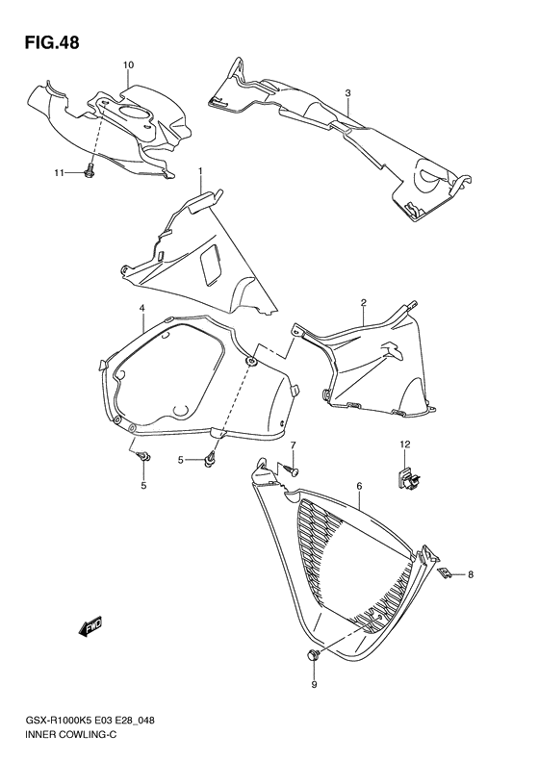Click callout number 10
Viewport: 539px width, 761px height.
[127, 64]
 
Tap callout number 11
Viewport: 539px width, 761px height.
[59, 172]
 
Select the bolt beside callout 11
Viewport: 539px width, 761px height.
[89, 171]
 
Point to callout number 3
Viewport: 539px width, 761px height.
[347, 93]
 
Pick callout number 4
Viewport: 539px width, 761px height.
[141, 308]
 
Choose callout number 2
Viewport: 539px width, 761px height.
[363, 303]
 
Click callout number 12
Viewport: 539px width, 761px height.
[405, 444]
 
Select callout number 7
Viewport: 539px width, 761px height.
[295, 445]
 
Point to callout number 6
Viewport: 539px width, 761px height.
[358, 488]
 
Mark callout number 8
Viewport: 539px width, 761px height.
[471, 575]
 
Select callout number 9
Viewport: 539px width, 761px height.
[313, 685]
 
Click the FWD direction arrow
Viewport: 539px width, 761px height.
[91, 627]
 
